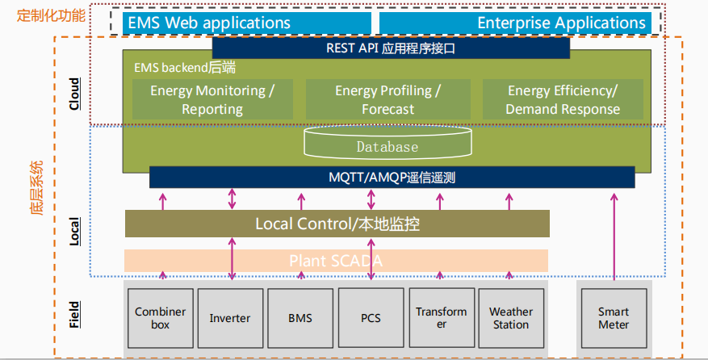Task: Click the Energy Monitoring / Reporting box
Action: click(212, 99)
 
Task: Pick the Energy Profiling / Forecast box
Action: click(388, 99)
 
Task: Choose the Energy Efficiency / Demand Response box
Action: click(563, 99)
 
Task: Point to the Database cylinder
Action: click(388, 145)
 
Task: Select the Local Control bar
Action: click(337, 224)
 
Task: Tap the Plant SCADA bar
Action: click(336, 261)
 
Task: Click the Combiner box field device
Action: click(160, 318)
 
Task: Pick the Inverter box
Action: click(230, 318)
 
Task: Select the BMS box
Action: click(300, 318)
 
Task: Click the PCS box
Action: click(371, 318)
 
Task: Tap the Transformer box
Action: click(441, 318)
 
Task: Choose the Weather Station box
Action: click(510, 318)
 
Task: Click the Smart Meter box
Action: click(614, 318)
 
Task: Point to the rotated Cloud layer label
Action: click(74, 93)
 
